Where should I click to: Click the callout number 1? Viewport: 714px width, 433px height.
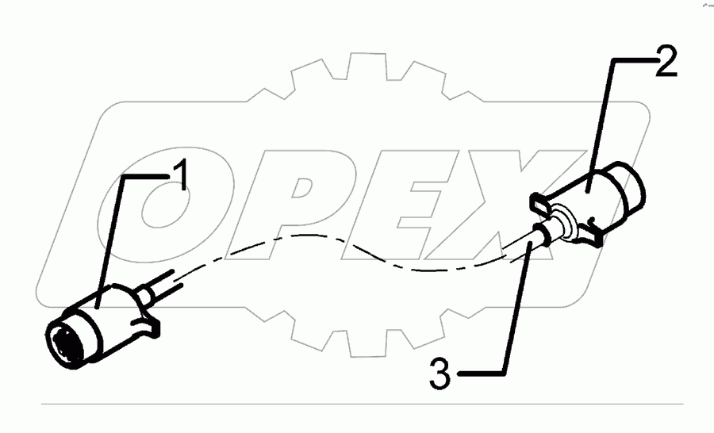[x=181, y=175]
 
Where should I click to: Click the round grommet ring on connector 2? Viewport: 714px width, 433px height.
[x=562, y=217]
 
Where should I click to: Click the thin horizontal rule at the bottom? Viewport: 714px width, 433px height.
[x=357, y=404]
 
